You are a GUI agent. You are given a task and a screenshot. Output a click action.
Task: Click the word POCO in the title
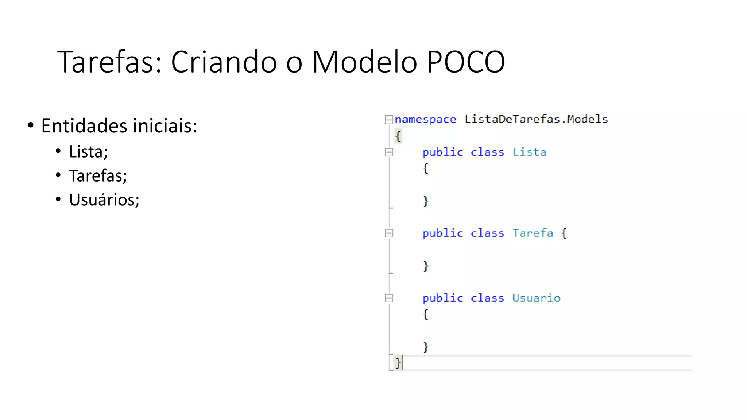466,62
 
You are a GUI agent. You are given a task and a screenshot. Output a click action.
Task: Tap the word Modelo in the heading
364,62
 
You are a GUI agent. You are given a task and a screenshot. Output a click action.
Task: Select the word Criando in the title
224,62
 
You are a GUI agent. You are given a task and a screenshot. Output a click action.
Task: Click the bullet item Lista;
88,152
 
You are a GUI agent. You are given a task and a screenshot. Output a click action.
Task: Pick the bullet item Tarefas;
98,176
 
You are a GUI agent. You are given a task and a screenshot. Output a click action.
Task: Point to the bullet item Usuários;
104,200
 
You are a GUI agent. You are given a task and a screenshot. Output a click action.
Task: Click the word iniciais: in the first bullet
165,126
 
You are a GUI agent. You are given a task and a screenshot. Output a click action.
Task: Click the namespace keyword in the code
425,120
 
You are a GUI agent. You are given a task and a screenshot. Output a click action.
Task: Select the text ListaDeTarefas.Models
536,119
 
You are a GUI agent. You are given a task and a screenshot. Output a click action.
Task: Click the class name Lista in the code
529,152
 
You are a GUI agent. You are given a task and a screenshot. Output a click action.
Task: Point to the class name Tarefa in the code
533,233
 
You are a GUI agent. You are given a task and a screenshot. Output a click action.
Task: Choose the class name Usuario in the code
536,298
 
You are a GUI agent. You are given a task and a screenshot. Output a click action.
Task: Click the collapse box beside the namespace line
389,120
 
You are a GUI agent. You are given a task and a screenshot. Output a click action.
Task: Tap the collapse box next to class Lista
389,152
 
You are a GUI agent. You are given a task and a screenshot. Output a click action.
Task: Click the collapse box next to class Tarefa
389,233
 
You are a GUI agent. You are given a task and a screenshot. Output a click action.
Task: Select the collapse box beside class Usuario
389,298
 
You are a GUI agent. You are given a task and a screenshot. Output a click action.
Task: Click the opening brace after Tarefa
564,233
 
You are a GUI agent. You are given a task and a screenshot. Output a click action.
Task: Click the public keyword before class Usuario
442,298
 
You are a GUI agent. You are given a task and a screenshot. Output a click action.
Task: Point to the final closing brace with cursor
398,363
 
